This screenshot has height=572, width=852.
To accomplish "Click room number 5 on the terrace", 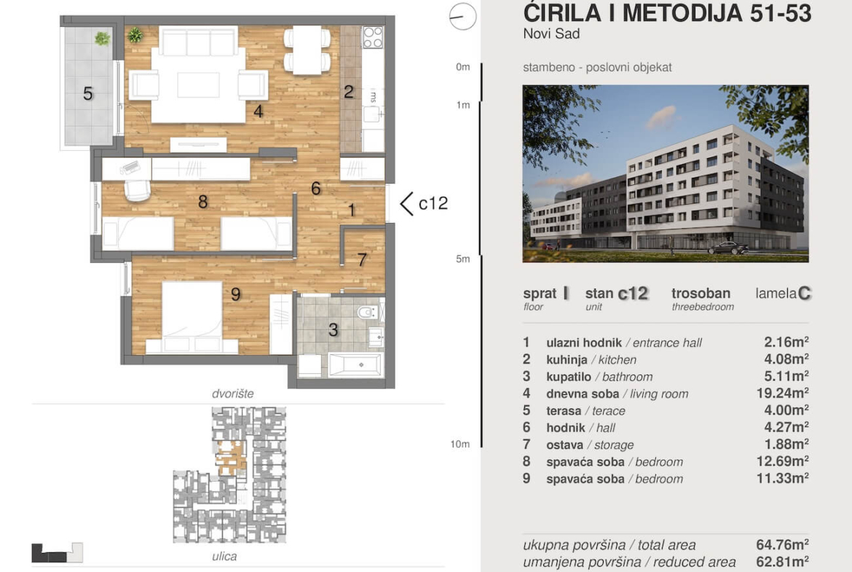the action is (x=87, y=93).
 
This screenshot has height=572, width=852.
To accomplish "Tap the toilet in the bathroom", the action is (x=368, y=312).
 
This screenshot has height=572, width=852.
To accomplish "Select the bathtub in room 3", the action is (x=356, y=365).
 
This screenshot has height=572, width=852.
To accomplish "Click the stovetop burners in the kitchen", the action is (x=373, y=37).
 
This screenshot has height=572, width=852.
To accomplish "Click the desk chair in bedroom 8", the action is (x=137, y=190).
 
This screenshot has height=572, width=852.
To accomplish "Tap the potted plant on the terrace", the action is (x=102, y=39).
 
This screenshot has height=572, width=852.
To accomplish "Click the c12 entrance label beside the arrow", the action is (x=433, y=203).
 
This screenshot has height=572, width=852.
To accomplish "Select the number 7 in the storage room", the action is (x=363, y=259).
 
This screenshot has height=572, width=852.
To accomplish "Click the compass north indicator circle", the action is (x=462, y=16).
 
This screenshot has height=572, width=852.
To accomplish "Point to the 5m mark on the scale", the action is (x=463, y=259).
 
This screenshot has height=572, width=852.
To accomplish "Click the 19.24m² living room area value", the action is (x=782, y=393).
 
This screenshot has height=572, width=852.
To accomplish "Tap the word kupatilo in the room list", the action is (x=568, y=376).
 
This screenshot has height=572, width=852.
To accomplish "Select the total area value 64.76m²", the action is (x=782, y=544).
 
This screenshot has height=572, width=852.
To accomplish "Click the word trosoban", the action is (x=701, y=294).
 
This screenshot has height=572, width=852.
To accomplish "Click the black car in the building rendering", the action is (x=728, y=248).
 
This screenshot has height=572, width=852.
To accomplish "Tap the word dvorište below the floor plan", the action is (x=232, y=393).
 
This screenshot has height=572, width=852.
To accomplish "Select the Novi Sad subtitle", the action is (x=551, y=34).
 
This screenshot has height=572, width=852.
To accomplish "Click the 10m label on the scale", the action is (x=460, y=444).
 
